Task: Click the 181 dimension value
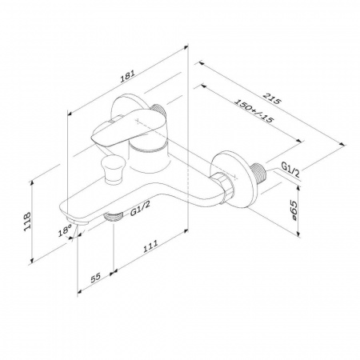point(128,76)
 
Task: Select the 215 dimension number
point(272,98)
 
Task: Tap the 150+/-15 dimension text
point(254,111)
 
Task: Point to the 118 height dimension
point(27,222)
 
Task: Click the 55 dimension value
point(95,278)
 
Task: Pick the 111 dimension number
point(150,246)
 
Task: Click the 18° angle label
point(65,230)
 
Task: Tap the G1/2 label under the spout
point(140,209)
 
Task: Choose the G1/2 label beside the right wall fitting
point(290,170)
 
